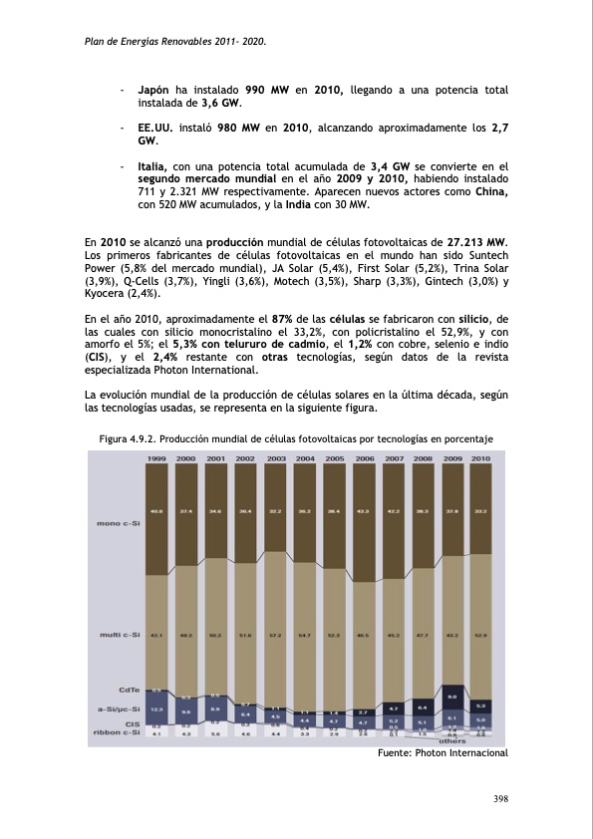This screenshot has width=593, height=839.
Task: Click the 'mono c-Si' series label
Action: pos(117,522)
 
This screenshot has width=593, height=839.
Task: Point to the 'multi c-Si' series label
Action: pos(119,634)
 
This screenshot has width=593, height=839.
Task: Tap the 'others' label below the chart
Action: pos(452,741)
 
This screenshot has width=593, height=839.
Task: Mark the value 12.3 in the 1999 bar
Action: pos(156,708)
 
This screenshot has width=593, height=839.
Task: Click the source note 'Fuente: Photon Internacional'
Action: pos(444,752)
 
